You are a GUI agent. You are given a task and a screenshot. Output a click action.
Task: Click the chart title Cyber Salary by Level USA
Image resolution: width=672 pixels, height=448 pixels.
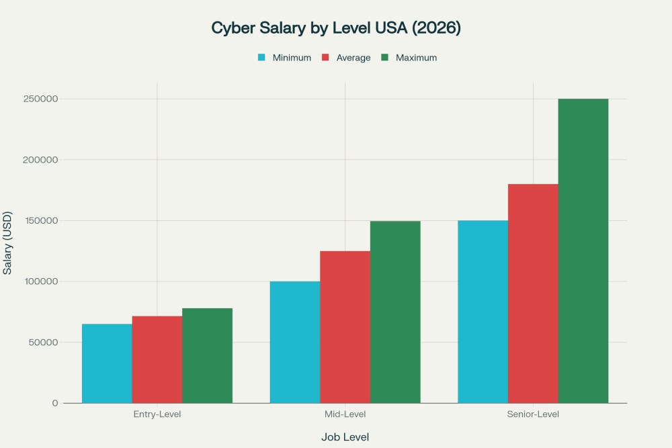tap(335, 28)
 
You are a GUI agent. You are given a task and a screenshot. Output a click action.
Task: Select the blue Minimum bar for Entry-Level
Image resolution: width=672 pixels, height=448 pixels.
tap(107, 363)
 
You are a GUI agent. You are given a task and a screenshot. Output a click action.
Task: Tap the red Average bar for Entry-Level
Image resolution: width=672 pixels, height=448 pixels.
tap(157, 359)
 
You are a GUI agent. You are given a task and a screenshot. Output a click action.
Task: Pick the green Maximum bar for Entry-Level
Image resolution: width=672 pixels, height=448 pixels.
tap(207, 355)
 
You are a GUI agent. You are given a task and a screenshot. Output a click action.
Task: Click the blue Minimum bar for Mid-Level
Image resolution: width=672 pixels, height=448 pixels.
tap(294, 342)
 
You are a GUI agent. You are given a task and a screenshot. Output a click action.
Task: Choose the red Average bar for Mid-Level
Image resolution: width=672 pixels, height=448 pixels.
tap(345, 327)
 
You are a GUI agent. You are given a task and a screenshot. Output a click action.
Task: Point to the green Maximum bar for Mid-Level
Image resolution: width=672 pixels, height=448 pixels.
tap(395, 312)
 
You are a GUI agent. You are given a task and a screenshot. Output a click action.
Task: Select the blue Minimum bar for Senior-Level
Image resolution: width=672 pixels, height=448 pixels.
tap(482, 312)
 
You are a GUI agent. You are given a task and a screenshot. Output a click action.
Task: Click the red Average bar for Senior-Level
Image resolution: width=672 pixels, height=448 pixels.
tap(533, 294)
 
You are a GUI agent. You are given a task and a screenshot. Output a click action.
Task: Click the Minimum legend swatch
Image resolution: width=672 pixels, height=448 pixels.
tap(262, 58)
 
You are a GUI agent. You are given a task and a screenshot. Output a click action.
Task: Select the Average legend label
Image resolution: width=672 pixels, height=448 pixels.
tap(353, 58)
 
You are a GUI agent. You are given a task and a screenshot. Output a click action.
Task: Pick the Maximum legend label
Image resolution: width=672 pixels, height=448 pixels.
tap(416, 58)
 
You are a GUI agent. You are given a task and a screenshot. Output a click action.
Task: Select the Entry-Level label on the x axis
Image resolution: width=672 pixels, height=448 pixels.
tap(157, 414)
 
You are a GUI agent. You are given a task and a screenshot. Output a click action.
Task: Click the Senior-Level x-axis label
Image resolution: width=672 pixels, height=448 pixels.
tap(533, 414)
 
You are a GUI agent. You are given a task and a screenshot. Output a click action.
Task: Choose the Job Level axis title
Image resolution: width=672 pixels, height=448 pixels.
tap(345, 437)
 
